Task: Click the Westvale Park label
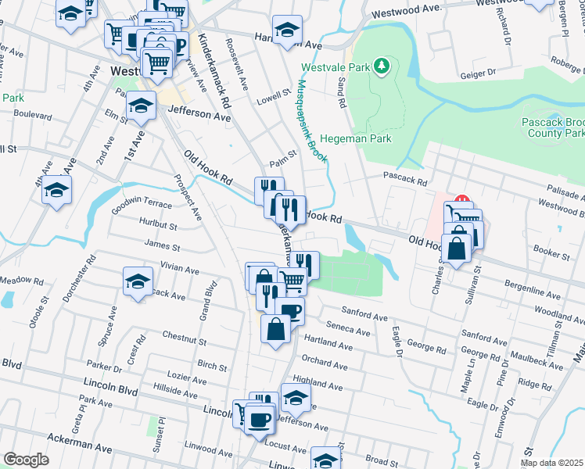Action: (x=336, y=67)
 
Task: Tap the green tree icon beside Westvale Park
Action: (x=382, y=66)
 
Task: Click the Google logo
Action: (x=26, y=460)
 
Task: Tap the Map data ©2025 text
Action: (x=551, y=463)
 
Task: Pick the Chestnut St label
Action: (x=184, y=342)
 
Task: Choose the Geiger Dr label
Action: (x=479, y=72)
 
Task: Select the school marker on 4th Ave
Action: (x=56, y=190)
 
